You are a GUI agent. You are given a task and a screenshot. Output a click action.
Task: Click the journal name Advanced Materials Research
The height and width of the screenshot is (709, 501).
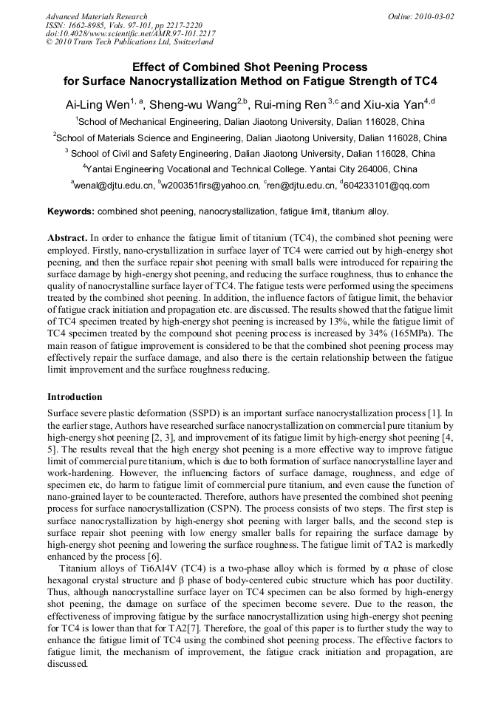(97, 16)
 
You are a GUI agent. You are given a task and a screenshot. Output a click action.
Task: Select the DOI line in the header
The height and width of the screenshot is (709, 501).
(131, 34)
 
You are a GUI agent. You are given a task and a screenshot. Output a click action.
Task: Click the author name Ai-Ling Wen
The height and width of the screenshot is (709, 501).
(97, 104)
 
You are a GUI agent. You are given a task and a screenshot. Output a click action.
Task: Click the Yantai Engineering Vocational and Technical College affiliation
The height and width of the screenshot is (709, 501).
(250, 169)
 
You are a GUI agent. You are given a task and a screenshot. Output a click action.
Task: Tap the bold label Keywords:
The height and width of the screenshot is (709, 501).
(71, 211)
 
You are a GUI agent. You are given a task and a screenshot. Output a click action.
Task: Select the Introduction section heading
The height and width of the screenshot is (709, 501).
(75, 397)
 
